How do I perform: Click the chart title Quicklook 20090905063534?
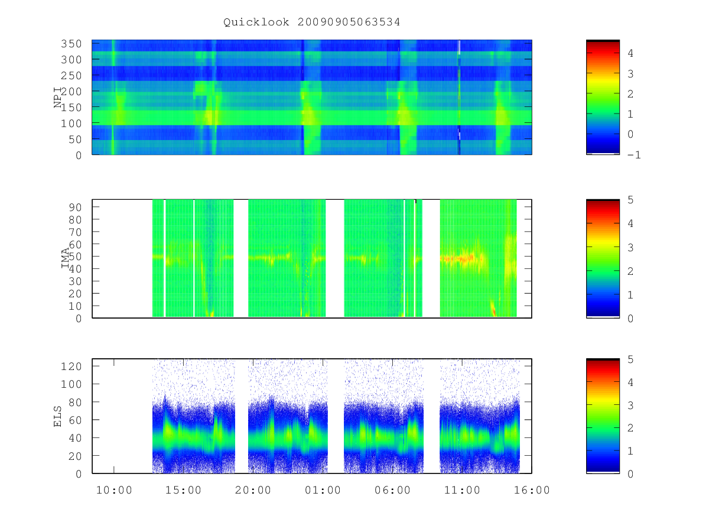click(x=311, y=22)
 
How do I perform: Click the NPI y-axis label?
click(x=57, y=97)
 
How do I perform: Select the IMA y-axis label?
click(x=66, y=258)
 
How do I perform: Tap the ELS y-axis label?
click(x=57, y=416)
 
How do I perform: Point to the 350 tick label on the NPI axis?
click(x=71, y=44)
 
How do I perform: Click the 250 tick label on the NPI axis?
click(x=71, y=76)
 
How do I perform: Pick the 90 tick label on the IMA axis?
click(x=74, y=207)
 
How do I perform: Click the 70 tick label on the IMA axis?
click(x=74, y=232)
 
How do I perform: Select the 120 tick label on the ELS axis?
click(x=71, y=366)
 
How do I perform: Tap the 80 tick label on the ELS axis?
click(x=74, y=402)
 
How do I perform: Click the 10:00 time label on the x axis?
click(x=114, y=490)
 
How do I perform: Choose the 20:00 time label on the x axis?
click(x=253, y=490)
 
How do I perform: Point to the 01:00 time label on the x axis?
click(x=323, y=490)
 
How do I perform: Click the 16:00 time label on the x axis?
click(x=532, y=490)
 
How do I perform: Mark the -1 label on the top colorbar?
click(x=634, y=155)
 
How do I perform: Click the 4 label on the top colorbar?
click(x=630, y=53)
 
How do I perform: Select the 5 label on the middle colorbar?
click(x=630, y=200)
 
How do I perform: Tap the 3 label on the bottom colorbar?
click(x=630, y=405)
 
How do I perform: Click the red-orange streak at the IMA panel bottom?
click(x=493, y=309)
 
